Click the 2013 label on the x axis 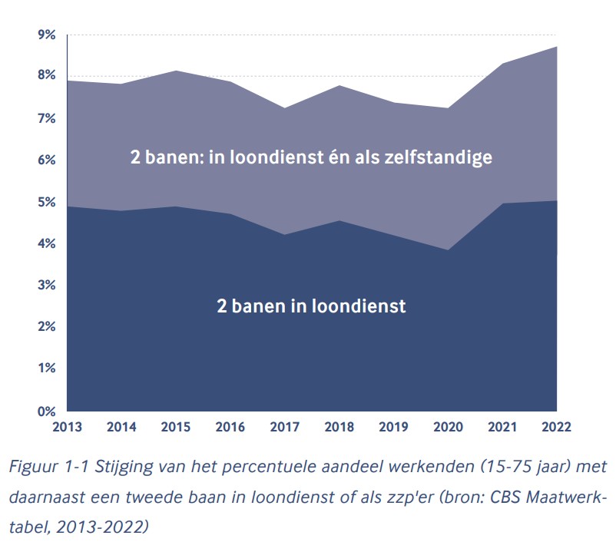tap(68, 426)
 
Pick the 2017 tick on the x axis tap(286, 426)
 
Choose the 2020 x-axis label tap(448, 426)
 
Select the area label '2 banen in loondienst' tap(310, 306)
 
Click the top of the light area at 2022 tap(556, 48)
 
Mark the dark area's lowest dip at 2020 tap(448, 250)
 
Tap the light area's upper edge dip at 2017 tap(286, 108)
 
